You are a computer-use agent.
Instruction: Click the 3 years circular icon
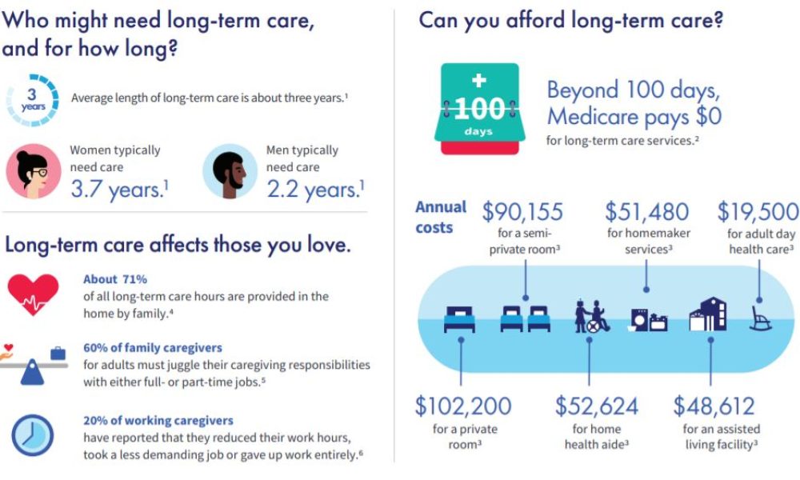[33, 100]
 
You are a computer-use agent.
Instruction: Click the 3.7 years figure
[118, 189]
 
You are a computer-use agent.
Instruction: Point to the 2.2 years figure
[315, 189]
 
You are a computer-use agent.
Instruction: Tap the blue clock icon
[33, 435]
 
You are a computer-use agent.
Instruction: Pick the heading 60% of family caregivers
[153, 348]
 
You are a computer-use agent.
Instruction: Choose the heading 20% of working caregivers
[158, 420]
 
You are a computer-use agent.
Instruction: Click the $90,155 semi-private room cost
[522, 212]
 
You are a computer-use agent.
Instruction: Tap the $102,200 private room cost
[463, 406]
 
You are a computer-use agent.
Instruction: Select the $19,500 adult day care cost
[758, 212]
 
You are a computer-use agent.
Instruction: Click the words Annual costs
[441, 217]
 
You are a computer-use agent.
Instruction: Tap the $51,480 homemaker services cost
[646, 212]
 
